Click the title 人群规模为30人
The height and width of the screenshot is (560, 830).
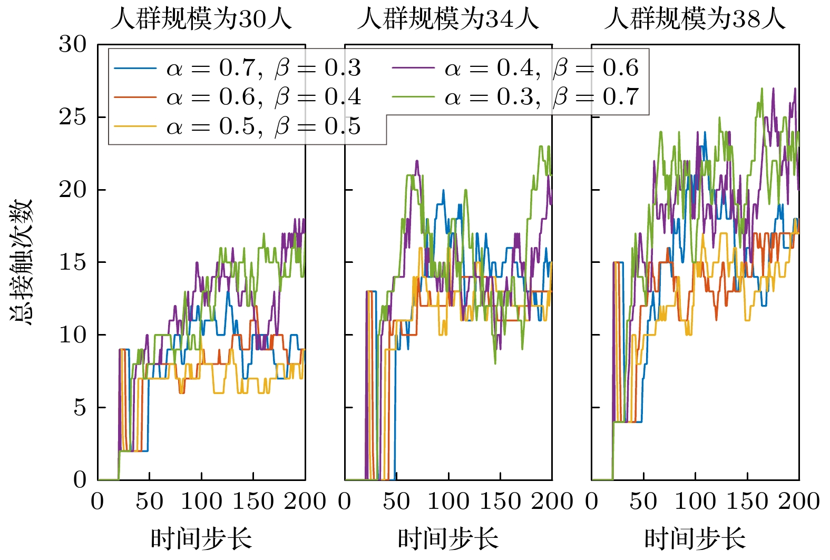(x=201, y=19)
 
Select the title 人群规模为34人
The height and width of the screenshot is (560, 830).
(x=448, y=19)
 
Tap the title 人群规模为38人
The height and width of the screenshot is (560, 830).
(x=695, y=19)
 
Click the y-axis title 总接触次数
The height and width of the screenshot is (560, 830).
(x=22, y=262)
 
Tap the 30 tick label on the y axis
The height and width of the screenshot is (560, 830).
(x=72, y=44)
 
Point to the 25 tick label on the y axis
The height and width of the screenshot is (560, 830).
(x=72, y=117)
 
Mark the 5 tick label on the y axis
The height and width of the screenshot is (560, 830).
(x=80, y=407)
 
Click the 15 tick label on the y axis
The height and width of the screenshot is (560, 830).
(x=72, y=262)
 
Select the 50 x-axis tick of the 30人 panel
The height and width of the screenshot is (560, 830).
(x=149, y=501)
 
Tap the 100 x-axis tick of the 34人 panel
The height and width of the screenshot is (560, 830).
(x=448, y=501)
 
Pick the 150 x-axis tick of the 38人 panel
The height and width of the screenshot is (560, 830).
(x=747, y=501)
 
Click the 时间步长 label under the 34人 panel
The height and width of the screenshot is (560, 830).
(x=448, y=538)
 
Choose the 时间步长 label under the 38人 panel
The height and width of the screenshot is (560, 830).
(x=695, y=538)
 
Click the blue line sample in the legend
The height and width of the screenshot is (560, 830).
(x=135, y=68)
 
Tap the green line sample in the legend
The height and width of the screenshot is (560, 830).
(x=414, y=97)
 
